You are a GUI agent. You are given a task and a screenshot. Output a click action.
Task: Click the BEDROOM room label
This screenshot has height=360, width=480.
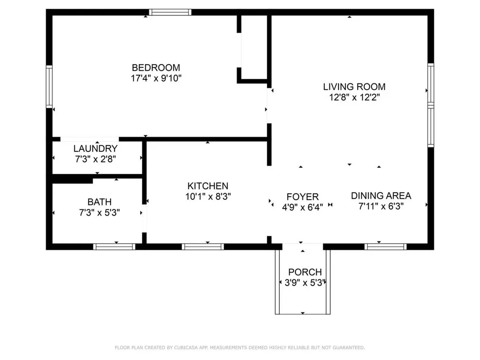(x=156, y=67)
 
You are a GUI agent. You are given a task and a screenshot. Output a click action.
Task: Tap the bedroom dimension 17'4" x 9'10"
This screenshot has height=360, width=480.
(x=156, y=78)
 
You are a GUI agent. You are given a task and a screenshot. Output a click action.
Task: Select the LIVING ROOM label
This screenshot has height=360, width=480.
(x=354, y=87)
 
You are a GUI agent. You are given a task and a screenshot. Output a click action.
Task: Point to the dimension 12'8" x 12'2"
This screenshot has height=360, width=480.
(x=354, y=97)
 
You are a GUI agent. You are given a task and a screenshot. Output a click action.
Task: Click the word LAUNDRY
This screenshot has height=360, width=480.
(x=95, y=149)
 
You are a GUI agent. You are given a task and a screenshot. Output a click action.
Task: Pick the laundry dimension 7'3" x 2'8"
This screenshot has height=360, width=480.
(x=95, y=159)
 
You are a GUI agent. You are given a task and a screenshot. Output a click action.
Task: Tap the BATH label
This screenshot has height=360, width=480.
(x=99, y=202)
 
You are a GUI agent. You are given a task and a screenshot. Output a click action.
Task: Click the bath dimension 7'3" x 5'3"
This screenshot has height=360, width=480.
(x=99, y=212)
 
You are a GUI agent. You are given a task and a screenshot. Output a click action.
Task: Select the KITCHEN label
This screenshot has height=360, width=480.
(x=208, y=186)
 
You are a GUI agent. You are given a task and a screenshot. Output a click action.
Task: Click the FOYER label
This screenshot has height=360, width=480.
(x=302, y=197)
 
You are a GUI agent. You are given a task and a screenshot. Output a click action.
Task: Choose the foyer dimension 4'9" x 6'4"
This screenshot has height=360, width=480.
(x=302, y=208)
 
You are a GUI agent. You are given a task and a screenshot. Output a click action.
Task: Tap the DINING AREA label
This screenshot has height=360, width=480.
(x=381, y=196)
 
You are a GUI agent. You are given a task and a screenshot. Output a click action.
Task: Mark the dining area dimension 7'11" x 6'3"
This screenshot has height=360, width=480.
(x=381, y=206)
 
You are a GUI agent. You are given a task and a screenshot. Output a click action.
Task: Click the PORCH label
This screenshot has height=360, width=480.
(x=305, y=272)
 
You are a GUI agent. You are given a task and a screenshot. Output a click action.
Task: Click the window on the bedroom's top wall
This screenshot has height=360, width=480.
(x=170, y=12)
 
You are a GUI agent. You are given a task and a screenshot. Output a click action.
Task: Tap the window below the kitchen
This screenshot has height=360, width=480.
(x=203, y=247)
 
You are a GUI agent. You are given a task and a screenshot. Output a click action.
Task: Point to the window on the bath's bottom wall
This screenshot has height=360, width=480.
(x=114, y=247)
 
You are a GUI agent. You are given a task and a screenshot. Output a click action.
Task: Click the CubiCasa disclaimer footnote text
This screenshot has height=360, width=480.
(x=240, y=347)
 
